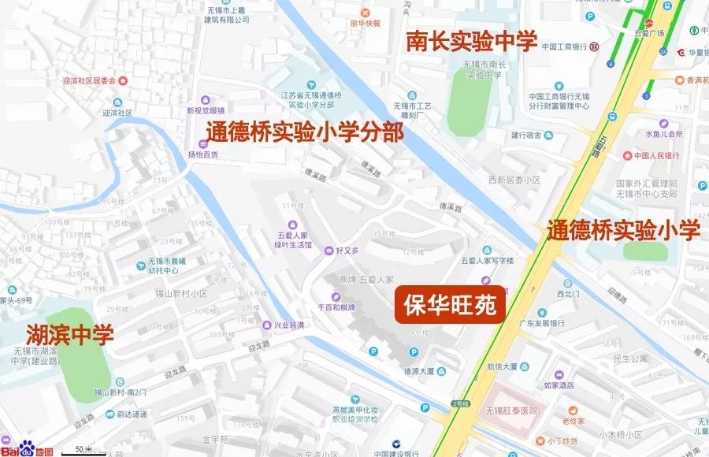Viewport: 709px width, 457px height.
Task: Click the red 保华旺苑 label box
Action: coord(450,306)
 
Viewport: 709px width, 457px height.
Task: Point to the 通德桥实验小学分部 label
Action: coord(305,132)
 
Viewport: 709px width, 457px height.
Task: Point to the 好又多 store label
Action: coord(347,251)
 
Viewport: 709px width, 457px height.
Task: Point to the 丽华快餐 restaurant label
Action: coord(365,23)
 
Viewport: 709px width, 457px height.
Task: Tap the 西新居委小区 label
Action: coord(514,180)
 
